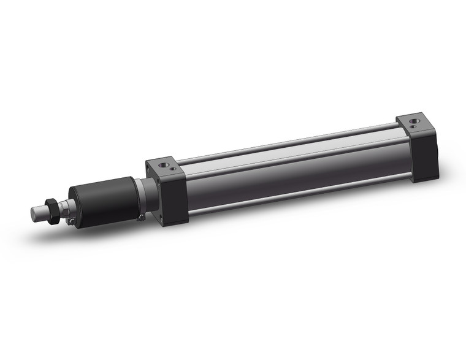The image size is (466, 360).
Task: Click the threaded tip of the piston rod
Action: pos(41,212)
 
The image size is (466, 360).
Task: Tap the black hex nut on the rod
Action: pos(55,209)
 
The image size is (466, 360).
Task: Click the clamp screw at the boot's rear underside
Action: pos(140,216)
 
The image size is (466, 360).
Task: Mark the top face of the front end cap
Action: pos(166,167)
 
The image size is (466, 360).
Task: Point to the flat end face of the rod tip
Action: pos(34,214)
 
